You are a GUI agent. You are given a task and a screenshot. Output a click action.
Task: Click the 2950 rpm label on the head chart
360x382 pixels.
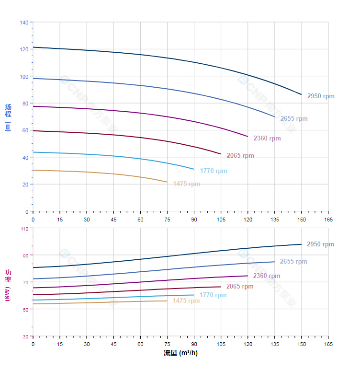321,96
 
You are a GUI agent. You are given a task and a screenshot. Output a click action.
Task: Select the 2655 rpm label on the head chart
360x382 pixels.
294,119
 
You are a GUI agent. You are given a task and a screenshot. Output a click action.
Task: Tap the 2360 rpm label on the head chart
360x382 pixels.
267,139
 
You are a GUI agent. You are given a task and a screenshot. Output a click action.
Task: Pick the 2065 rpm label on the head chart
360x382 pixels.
240,156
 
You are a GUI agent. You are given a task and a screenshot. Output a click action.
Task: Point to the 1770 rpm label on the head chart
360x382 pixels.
214,171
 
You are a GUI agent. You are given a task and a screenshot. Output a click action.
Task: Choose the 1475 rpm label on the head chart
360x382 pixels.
187,184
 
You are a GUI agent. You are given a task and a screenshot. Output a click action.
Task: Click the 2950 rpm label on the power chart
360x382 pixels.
320,244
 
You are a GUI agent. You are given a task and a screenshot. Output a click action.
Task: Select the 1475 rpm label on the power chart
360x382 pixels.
186,301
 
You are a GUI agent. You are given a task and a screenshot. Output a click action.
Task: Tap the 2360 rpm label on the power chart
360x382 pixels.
267,276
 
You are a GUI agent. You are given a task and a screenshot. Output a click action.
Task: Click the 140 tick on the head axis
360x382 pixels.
24,23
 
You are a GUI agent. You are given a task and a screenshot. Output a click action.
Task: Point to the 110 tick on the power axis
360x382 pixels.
24,229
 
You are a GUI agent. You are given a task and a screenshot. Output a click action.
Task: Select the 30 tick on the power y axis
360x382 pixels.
25,336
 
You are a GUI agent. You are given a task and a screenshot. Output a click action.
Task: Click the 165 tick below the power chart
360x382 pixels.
328,344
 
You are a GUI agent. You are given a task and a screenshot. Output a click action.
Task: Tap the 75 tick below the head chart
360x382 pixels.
167,219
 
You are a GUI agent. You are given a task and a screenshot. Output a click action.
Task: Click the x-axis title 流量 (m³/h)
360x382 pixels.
180,353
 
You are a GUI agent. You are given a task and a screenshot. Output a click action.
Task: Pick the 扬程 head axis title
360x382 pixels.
8,111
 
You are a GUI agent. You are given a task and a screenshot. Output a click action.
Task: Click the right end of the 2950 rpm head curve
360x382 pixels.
302,94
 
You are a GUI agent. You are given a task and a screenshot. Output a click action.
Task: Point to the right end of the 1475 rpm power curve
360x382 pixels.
167,301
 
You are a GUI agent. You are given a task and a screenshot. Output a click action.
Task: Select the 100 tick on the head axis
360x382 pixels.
24,77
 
